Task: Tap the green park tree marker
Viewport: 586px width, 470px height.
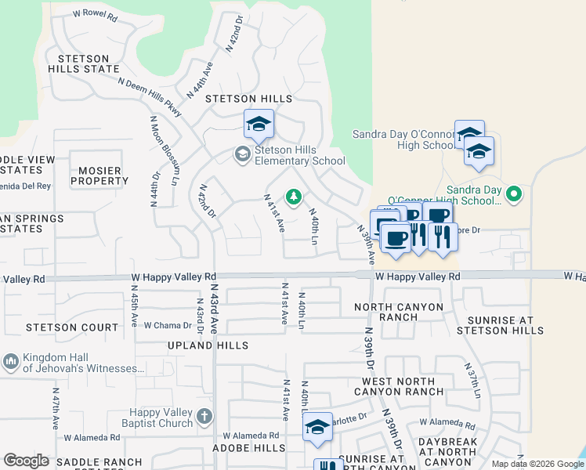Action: point(294,197)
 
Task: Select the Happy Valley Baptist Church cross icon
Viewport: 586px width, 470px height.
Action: point(204,415)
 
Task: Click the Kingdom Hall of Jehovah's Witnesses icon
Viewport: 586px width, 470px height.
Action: point(10,361)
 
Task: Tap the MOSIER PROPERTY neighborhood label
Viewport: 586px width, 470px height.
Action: point(99,175)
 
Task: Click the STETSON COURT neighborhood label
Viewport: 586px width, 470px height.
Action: point(72,327)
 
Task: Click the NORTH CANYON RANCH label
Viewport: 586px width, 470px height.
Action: point(399,312)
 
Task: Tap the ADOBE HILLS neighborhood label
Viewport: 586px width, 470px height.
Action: point(249,447)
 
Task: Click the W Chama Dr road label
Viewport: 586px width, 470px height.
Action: point(168,326)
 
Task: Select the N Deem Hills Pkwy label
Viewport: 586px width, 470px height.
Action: point(150,97)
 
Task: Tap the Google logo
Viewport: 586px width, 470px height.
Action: point(26,461)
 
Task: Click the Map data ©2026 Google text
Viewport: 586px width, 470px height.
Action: point(537,464)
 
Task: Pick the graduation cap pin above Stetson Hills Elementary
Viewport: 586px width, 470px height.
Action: point(259,124)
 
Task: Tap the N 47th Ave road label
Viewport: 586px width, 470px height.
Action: point(56,407)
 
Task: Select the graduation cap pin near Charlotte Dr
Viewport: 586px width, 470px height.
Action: point(317,427)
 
